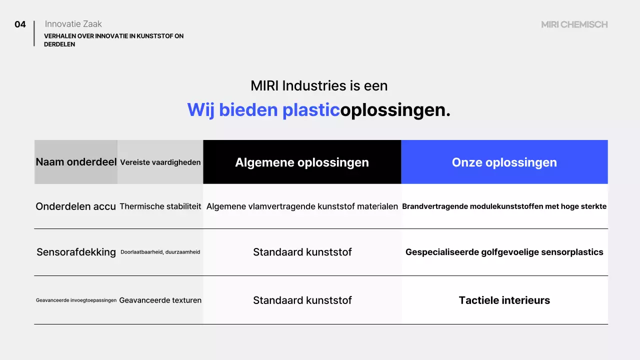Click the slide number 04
(x=20, y=24)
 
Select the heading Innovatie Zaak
(x=73, y=24)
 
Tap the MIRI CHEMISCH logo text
(x=574, y=24)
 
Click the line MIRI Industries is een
(x=319, y=86)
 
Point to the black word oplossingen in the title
(x=395, y=110)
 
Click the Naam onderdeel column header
(x=76, y=162)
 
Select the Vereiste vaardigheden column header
(x=160, y=162)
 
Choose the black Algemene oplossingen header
(x=302, y=162)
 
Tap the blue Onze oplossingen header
(x=504, y=162)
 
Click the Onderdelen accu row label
(x=76, y=206)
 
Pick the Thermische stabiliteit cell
(x=160, y=206)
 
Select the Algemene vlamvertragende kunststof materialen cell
(x=302, y=206)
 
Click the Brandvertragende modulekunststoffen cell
(x=504, y=206)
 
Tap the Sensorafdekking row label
(x=76, y=252)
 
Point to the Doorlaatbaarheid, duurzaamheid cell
(x=160, y=252)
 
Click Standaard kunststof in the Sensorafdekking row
(x=302, y=252)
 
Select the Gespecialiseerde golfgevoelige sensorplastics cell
(x=504, y=252)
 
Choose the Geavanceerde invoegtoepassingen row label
(x=76, y=300)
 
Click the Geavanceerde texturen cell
(x=160, y=300)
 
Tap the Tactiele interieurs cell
(x=504, y=300)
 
